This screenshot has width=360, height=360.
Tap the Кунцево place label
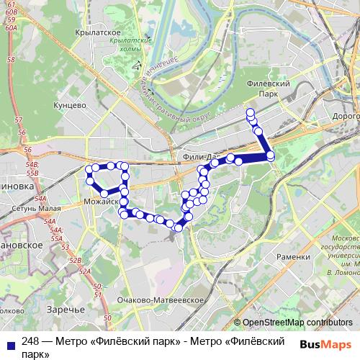[x=70, y=105]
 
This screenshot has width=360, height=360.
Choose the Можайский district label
[x=101, y=202]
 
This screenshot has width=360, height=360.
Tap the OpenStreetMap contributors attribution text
[x=297, y=323]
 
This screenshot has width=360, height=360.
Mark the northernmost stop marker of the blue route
[x=250, y=112]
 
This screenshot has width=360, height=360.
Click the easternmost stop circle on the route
[x=270, y=156]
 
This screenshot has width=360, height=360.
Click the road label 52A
[x=85, y=271]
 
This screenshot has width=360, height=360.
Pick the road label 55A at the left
[x=57, y=238]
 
